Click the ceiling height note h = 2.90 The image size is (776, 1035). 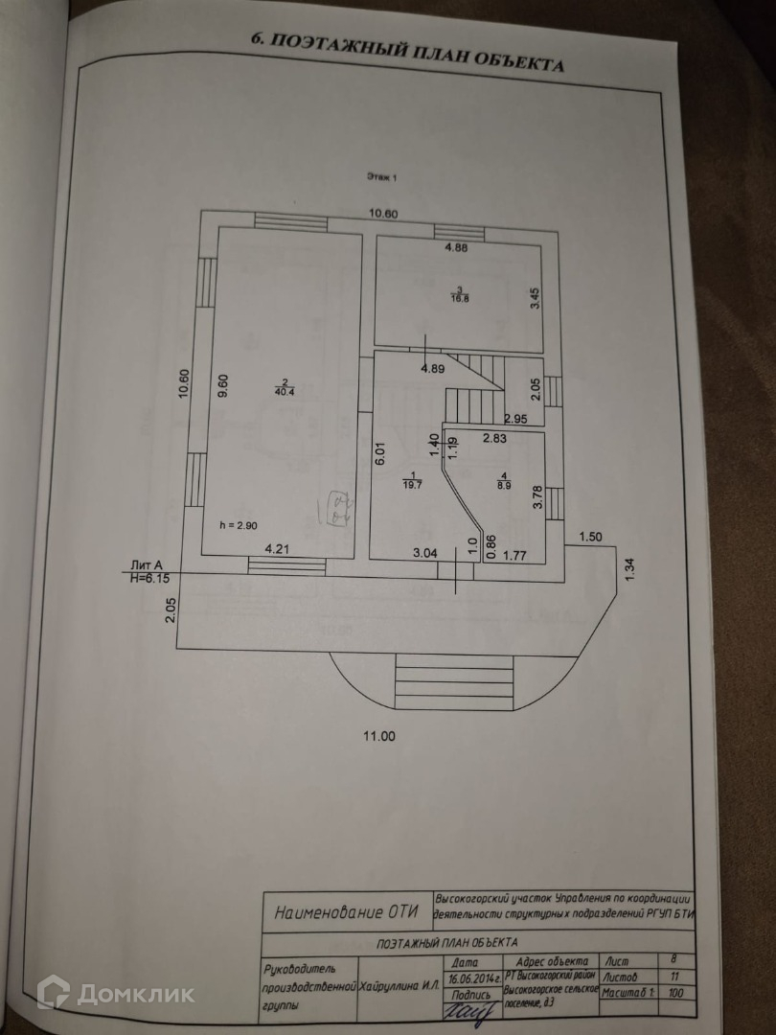[x=238, y=524]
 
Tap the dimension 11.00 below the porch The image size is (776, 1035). [x=377, y=736]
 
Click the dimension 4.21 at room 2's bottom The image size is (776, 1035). [x=278, y=550]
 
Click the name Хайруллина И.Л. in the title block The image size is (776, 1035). [x=398, y=985]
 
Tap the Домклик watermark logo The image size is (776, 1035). [x=116, y=993]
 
